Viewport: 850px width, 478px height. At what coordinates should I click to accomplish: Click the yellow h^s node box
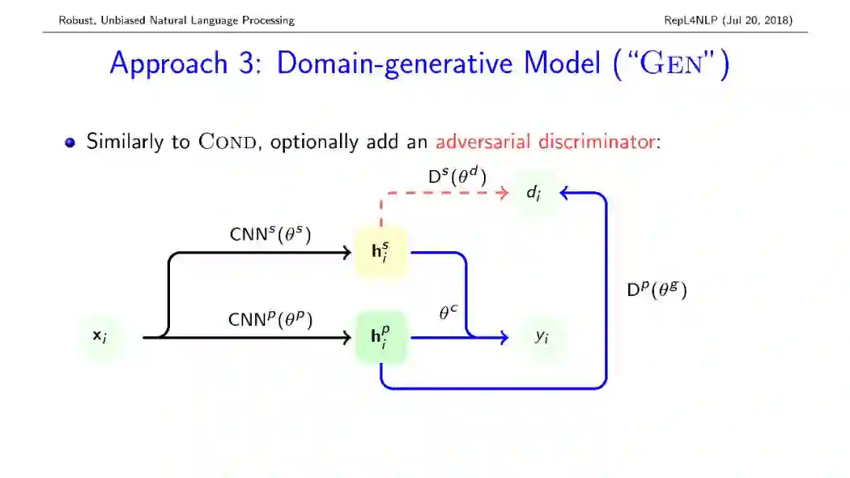tap(381, 253)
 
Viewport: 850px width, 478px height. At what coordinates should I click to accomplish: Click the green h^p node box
tap(381, 337)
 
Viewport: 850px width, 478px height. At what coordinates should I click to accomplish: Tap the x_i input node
tap(100, 337)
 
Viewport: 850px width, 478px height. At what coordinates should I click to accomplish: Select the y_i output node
tap(541, 337)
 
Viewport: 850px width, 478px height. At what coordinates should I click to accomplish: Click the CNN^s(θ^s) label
tap(270, 234)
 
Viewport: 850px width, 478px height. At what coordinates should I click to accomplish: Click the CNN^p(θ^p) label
tap(270, 319)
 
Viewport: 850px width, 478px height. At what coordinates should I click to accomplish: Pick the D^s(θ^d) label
tap(457, 176)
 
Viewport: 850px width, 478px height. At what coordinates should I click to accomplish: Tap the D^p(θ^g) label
tap(656, 290)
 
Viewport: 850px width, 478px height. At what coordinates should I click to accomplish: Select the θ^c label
tap(448, 313)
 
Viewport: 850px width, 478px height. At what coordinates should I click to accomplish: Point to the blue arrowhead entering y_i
tap(503, 338)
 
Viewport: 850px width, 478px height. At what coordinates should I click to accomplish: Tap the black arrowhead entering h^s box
tap(346, 253)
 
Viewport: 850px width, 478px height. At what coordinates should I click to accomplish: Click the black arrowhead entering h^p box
tap(346, 338)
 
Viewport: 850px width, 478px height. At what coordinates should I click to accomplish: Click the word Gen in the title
tap(671, 63)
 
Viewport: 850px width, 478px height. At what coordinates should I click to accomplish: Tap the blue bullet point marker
tap(71, 143)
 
